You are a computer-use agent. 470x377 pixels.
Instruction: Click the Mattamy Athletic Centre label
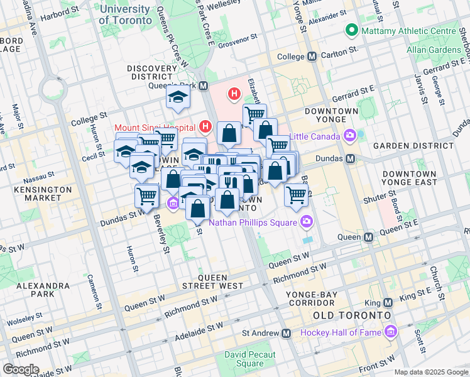pyautogui.click(x=408, y=30)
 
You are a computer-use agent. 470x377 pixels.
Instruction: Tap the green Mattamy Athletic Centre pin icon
pyautogui.click(x=351, y=30)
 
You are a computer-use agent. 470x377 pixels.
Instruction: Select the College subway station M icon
pyautogui.click(x=312, y=57)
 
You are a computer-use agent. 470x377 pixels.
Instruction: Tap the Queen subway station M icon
pyautogui.click(x=369, y=237)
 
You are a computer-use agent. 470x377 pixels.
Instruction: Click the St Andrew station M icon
pyautogui.click(x=287, y=332)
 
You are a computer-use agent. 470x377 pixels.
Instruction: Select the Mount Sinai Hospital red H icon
pyautogui.click(x=205, y=127)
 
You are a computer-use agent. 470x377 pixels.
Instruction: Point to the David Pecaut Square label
pyautogui.click(x=250, y=359)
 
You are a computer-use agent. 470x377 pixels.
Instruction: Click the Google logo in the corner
pyautogui.click(x=21, y=369)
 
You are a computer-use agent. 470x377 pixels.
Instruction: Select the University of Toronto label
pyautogui.click(x=125, y=14)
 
